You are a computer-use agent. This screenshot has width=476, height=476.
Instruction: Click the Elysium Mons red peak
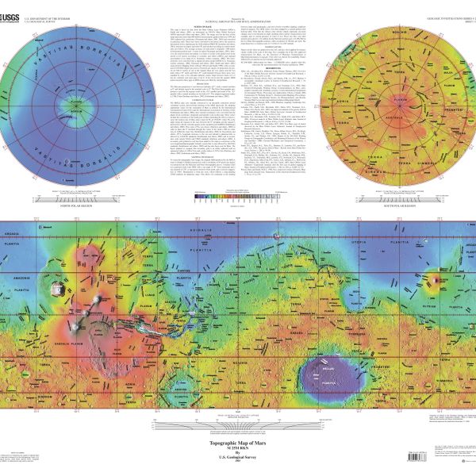coord(433,278)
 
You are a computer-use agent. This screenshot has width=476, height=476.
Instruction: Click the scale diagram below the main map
coord(238,424)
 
